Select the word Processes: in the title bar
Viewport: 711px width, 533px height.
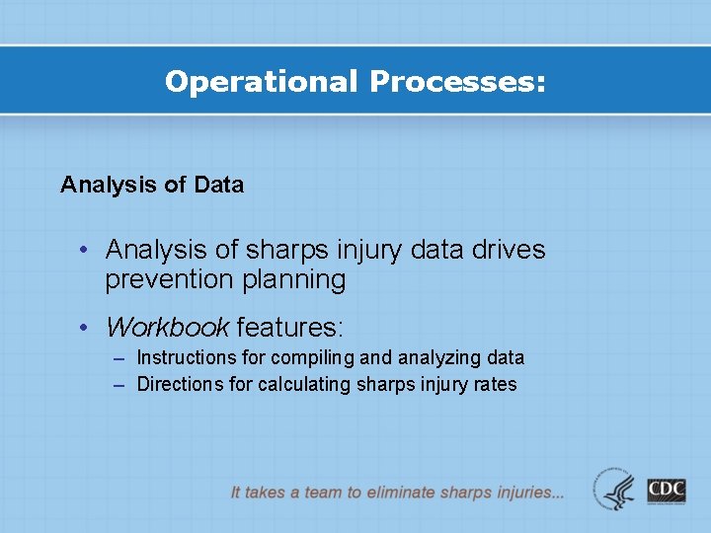pyautogui.click(x=456, y=82)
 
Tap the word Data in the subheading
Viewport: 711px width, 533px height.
pyautogui.click(x=219, y=185)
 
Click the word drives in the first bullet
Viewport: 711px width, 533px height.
pyautogui.click(x=509, y=250)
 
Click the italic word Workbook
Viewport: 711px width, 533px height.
pyautogui.click(x=167, y=326)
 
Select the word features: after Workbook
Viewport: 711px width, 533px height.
pyautogui.click(x=289, y=326)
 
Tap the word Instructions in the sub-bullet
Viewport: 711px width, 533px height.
pyautogui.click(x=187, y=357)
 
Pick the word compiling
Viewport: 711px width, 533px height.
pyautogui.click(x=303, y=357)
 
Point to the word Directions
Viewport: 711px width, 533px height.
pyautogui.click(x=181, y=384)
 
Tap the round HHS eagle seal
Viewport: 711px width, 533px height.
pyautogui.click(x=615, y=490)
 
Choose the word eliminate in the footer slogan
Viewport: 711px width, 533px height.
pyautogui.click(x=405, y=492)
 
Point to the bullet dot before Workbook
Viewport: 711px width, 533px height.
pyautogui.click(x=88, y=327)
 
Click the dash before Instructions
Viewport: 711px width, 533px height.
pyautogui.click(x=118, y=358)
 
